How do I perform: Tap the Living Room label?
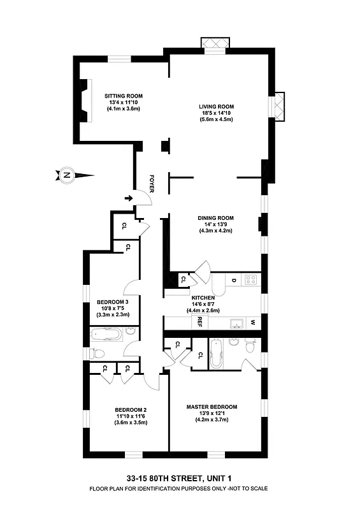(217, 106)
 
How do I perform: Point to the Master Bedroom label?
(212, 407)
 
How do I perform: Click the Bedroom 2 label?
(131, 410)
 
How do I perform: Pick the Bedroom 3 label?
(113, 302)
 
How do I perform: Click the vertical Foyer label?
(152, 183)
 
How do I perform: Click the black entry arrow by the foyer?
(129, 198)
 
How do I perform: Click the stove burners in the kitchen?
(251, 279)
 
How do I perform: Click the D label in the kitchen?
(234, 280)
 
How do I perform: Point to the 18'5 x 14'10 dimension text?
(217, 113)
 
